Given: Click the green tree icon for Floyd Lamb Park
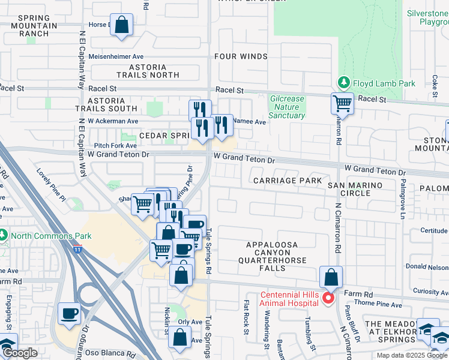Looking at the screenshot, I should (x=343, y=82).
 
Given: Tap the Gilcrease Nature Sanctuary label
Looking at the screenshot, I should (x=288, y=107).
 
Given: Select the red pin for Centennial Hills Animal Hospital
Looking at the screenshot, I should (x=328, y=298).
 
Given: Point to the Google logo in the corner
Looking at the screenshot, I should (x=19, y=353).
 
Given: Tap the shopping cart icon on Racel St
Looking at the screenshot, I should (x=342, y=103).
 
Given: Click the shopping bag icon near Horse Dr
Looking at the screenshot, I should (x=122, y=26).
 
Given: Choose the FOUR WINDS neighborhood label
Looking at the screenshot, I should (x=241, y=56).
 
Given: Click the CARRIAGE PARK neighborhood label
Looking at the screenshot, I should (x=288, y=181).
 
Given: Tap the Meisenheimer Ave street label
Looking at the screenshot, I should (x=118, y=56).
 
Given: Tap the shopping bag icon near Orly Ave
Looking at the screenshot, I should (x=180, y=337).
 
